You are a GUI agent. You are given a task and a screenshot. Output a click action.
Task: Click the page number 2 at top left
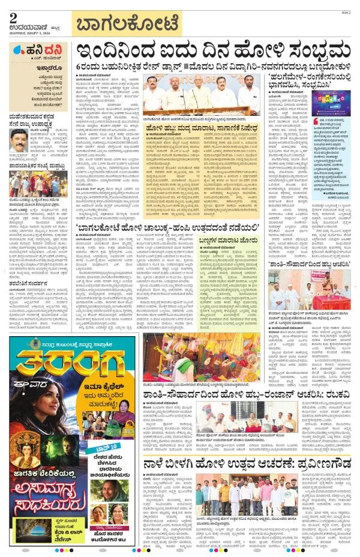tap(13, 17)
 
